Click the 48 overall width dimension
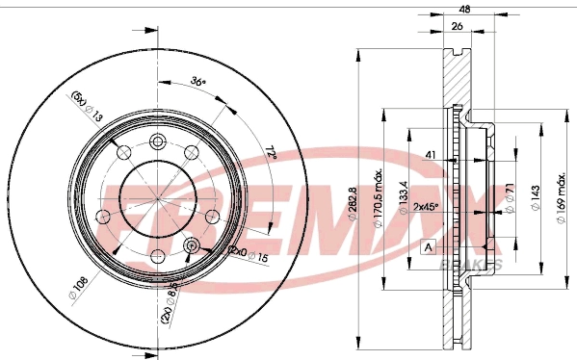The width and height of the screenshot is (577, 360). pos(465,8)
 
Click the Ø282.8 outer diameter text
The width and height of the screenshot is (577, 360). pos(353,203)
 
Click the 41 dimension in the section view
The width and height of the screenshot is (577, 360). pos(432,154)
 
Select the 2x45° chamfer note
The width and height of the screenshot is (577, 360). pos(426,206)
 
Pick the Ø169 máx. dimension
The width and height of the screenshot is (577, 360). pos(561,203)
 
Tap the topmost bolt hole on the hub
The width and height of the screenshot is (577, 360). pos(157,141)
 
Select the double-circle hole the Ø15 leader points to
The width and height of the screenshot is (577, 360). pos(192,246)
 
